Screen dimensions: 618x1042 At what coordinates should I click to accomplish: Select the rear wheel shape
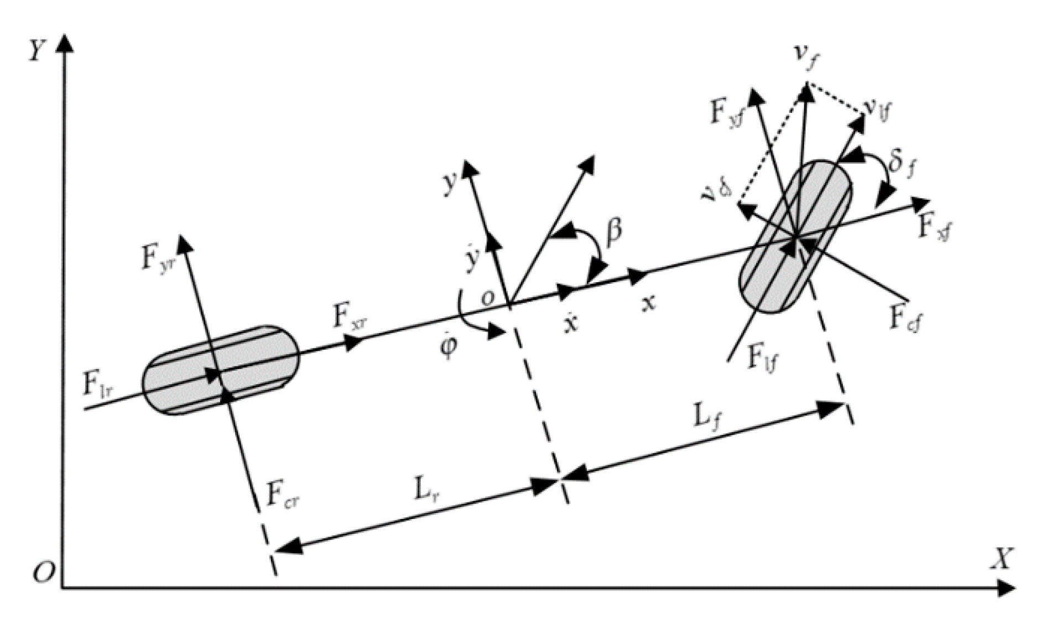pos(221,370)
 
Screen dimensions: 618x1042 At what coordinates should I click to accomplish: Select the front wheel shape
pos(795,237)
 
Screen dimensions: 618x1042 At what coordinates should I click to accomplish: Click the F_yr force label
pos(155,259)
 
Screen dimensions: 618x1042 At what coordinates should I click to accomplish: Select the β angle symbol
pos(613,232)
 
